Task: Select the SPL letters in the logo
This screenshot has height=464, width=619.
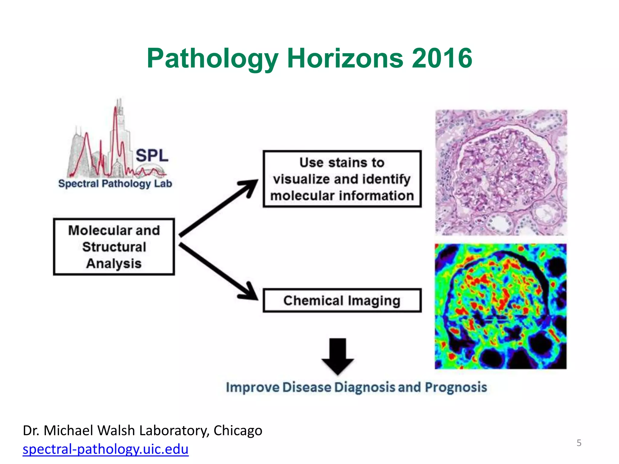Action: point(152,156)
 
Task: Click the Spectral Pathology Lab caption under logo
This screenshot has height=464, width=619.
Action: point(115,184)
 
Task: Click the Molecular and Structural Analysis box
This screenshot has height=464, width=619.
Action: point(114,247)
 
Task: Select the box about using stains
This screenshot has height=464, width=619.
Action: point(342,179)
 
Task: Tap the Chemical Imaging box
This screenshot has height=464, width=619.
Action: point(342,301)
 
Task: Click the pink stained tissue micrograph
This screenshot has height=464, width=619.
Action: point(501,172)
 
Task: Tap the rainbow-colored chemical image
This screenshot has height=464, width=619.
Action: point(501,306)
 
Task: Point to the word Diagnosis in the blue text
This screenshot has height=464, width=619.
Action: point(364,387)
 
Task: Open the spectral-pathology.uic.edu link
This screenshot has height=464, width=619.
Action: point(105,449)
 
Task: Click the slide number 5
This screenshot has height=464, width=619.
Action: point(579,443)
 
